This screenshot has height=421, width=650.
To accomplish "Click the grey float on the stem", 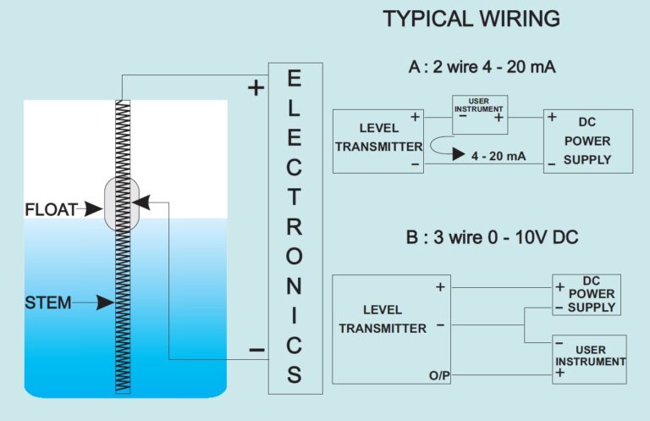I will coord(122,203).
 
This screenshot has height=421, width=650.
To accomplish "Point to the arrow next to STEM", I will coord(94,302).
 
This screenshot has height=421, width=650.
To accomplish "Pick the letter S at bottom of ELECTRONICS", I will coord(294,374).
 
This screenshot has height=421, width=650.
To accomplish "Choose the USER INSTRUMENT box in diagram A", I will coord(478,114).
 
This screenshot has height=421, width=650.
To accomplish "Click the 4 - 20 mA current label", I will coord(500,155).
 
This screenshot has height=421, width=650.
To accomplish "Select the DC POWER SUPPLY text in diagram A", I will coord(588,141).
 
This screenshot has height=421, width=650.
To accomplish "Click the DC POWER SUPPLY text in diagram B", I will coord(592,294).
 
